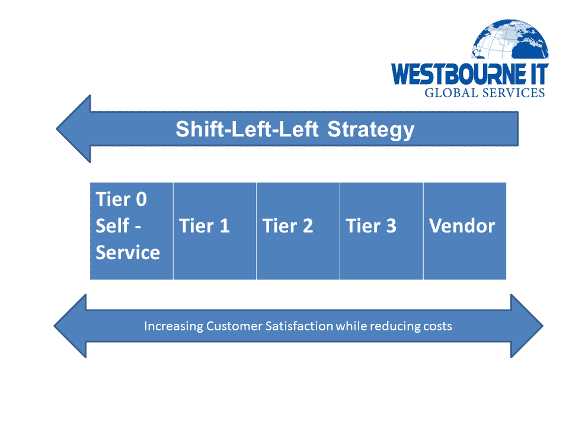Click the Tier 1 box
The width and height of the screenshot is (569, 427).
click(215, 231)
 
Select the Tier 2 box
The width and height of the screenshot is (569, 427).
click(298, 231)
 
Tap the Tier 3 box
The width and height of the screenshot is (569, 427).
click(381, 231)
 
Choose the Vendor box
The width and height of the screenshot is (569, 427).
click(465, 231)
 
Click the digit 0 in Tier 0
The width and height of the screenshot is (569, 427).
click(141, 199)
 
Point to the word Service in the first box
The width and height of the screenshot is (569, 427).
click(128, 253)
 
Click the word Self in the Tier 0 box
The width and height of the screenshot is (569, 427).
click(112, 225)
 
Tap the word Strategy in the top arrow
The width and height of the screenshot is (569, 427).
click(371, 130)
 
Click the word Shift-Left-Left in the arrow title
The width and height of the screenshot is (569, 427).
click(247, 129)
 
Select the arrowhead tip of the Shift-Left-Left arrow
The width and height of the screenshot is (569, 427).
click(56, 129)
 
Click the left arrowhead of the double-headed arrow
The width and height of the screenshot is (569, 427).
click(70, 326)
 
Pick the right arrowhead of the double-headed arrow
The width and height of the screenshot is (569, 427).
click(527, 326)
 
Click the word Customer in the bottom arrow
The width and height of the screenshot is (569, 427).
click(234, 326)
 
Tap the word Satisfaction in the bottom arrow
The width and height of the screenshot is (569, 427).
click(299, 326)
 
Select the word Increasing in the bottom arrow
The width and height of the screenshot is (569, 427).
click(174, 326)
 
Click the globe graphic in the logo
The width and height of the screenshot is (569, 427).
click(510, 39)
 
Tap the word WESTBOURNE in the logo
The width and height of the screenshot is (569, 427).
click(459, 74)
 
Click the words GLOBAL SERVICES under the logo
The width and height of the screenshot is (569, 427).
click(485, 93)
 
